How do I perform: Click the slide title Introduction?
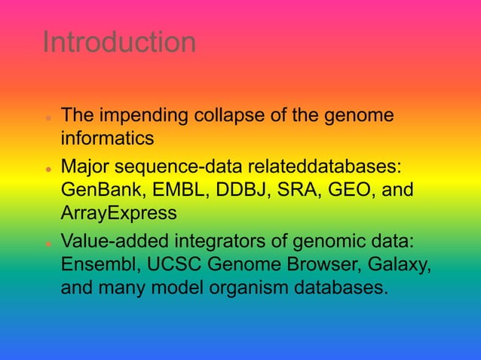point(119,42)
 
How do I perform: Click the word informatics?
point(107,139)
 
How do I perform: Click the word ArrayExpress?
point(119,213)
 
